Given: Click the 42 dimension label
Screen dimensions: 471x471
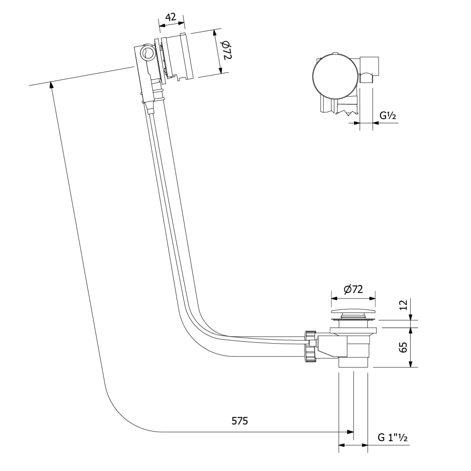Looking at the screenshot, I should [x=171, y=17].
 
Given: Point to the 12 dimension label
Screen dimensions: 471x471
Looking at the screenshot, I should [x=403, y=304].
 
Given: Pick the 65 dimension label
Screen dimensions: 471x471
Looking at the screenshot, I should [x=403, y=347].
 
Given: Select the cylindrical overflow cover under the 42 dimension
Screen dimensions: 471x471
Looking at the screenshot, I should [x=180, y=56].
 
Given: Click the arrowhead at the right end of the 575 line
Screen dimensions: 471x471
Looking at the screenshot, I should [x=350, y=432].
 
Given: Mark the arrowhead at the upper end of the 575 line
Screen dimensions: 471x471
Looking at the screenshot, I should [x=51, y=85].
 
